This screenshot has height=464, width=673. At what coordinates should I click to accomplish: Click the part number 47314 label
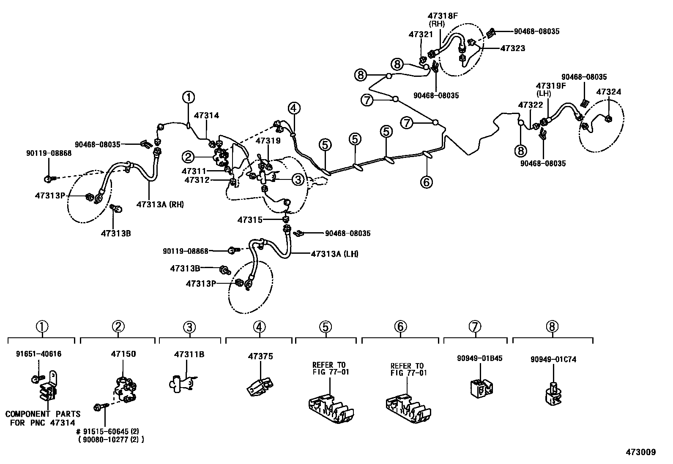tap(206, 115)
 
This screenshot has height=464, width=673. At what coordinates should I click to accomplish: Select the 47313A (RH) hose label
tap(160, 205)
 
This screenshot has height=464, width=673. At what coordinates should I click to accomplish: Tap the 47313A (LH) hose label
tap(334, 254)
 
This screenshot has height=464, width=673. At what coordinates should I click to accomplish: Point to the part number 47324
tap(609, 92)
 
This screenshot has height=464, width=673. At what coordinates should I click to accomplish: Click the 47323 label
tap(512, 48)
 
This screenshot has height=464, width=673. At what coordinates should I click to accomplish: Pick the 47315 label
tap(250, 220)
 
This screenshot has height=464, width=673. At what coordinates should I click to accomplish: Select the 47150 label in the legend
tap(123, 354)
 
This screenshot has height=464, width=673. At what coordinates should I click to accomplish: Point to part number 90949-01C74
tap(553, 359)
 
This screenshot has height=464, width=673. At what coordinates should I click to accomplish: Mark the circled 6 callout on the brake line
tap(426, 182)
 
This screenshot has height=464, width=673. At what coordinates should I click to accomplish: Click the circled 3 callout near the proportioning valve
tap(298, 179)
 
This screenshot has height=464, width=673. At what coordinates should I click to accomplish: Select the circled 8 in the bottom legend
tap(552, 326)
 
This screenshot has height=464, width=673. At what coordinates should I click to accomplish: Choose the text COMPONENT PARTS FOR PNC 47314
tap(42, 418)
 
